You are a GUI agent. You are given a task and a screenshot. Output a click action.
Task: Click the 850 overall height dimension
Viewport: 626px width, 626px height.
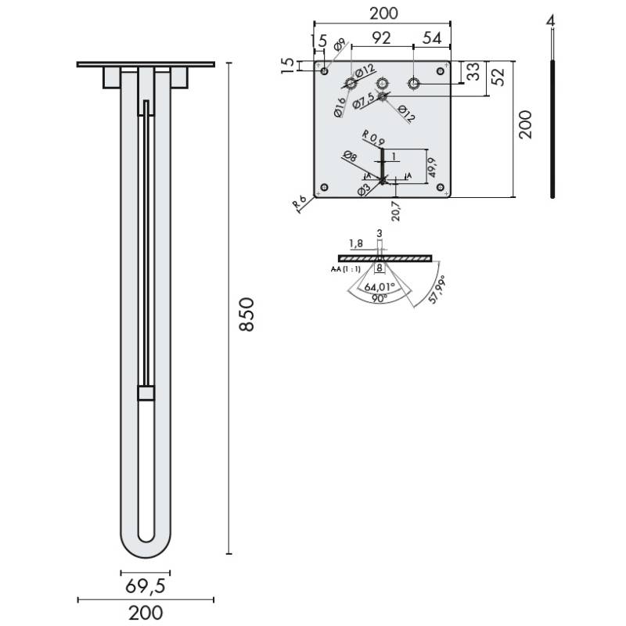coord(246,315)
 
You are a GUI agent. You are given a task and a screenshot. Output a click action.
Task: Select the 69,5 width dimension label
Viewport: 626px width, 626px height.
coord(146,585)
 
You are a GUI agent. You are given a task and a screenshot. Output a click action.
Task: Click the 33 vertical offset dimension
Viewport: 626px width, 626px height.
coord(473,72)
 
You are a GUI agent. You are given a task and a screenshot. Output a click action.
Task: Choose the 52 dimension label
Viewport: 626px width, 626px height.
coord(497,75)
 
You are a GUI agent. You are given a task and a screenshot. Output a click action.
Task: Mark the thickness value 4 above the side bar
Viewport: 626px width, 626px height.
coord(552,21)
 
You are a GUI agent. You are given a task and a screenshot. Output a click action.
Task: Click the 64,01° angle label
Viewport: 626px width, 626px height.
coord(378,286)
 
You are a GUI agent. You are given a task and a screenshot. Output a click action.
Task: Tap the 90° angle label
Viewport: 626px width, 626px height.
coord(380,298)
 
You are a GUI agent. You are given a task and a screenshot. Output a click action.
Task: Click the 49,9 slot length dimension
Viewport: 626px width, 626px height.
coord(433,165)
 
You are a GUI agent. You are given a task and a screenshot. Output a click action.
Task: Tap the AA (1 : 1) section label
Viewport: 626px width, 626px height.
coord(345,268)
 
